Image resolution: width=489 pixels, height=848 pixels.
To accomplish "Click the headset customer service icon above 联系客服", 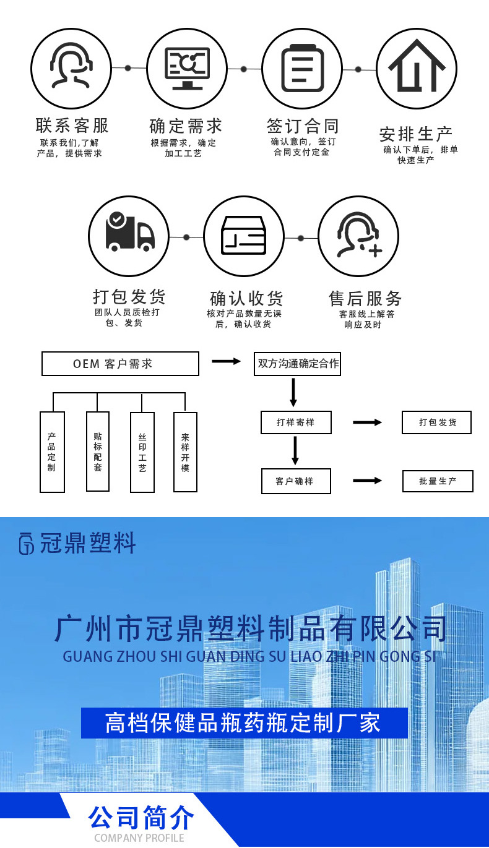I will pyautogui.click(x=71, y=68).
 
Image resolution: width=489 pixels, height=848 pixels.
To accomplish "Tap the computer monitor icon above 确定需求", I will pyautogui.click(x=187, y=68).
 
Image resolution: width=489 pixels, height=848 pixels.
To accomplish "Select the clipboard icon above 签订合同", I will pyautogui.click(x=302, y=68).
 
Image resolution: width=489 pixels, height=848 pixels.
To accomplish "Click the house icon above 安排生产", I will pyautogui.click(x=417, y=68).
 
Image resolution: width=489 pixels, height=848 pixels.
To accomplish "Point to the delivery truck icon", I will pyautogui.click(x=129, y=236).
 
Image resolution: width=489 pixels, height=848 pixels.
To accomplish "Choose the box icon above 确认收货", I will pyautogui.click(x=244, y=236).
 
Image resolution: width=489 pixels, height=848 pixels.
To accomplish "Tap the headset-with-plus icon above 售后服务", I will pyautogui.click(x=358, y=236).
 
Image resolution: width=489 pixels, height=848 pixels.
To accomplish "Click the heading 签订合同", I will pyautogui.click(x=303, y=126).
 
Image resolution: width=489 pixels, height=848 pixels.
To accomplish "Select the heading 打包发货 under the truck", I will pyautogui.click(x=129, y=296).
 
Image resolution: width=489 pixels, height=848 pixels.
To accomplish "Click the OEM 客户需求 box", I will pyautogui.click(x=120, y=364).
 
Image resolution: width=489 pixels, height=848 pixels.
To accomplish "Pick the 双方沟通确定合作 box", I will pyautogui.click(x=298, y=364).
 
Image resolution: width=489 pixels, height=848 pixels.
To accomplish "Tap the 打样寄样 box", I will pyautogui.click(x=296, y=422).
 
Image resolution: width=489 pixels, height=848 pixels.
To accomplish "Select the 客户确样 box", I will pyautogui.click(x=295, y=481).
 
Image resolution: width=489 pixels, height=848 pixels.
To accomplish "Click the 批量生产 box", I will pyautogui.click(x=438, y=481).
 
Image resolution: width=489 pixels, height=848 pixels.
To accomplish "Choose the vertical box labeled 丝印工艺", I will pyautogui.click(x=142, y=452).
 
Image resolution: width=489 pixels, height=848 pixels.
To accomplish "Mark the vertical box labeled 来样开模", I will pyautogui.click(x=185, y=452).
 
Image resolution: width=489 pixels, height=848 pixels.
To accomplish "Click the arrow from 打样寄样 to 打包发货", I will pyautogui.click(x=368, y=422).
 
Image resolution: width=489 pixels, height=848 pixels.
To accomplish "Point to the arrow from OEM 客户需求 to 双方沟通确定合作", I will pyautogui.click(x=226, y=361).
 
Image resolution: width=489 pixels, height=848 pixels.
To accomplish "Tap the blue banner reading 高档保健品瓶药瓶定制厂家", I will pyautogui.click(x=244, y=723).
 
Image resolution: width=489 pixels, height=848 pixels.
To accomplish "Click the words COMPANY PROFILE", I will pyautogui.click(x=139, y=838).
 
